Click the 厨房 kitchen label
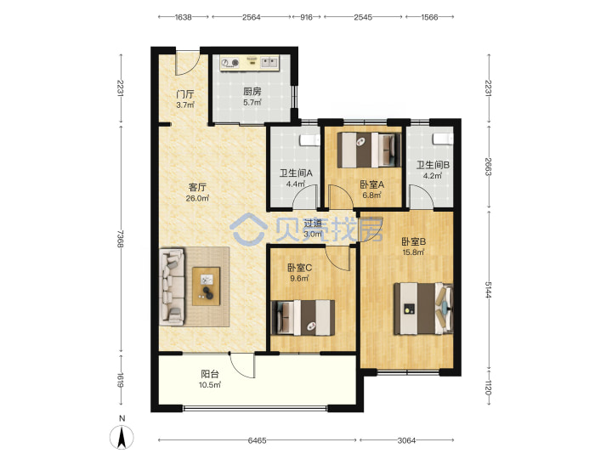(x=252, y=91)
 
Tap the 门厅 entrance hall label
(x=185, y=94)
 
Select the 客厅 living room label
(x=197, y=187)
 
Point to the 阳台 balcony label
(x=210, y=374)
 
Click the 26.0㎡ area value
(x=197, y=198)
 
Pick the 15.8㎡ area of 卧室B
(x=414, y=252)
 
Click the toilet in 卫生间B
(x=443, y=139)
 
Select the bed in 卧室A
(x=369, y=150)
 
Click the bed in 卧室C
(x=303, y=317)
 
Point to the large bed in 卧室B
(x=423, y=309)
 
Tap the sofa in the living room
(x=172, y=287)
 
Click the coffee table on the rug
(x=206, y=286)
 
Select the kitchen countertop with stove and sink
(x=250, y=63)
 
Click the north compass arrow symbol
(x=122, y=437)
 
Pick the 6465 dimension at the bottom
(x=258, y=440)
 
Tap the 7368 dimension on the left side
(x=121, y=239)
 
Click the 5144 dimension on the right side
(x=488, y=289)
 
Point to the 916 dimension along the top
(x=306, y=17)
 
